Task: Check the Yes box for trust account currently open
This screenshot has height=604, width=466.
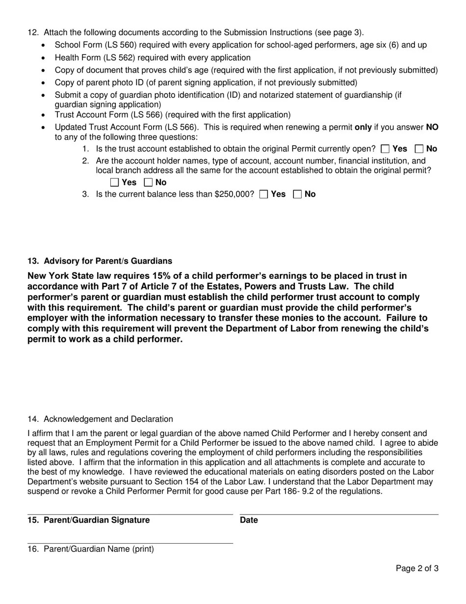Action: coord(385,149)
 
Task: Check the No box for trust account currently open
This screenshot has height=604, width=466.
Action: coord(419,149)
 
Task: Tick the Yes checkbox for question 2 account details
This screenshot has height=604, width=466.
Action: coord(115,183)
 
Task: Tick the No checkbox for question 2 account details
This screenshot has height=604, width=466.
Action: coord(149,183)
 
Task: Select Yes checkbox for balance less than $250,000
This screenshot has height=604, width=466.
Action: coord(263,194)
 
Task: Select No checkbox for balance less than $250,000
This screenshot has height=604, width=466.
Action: coord(297,194)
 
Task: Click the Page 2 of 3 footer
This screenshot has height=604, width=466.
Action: coord(417,569)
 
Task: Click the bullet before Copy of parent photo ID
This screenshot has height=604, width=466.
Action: coord(44,83)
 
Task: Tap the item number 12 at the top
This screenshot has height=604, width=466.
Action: coord(33,33)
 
